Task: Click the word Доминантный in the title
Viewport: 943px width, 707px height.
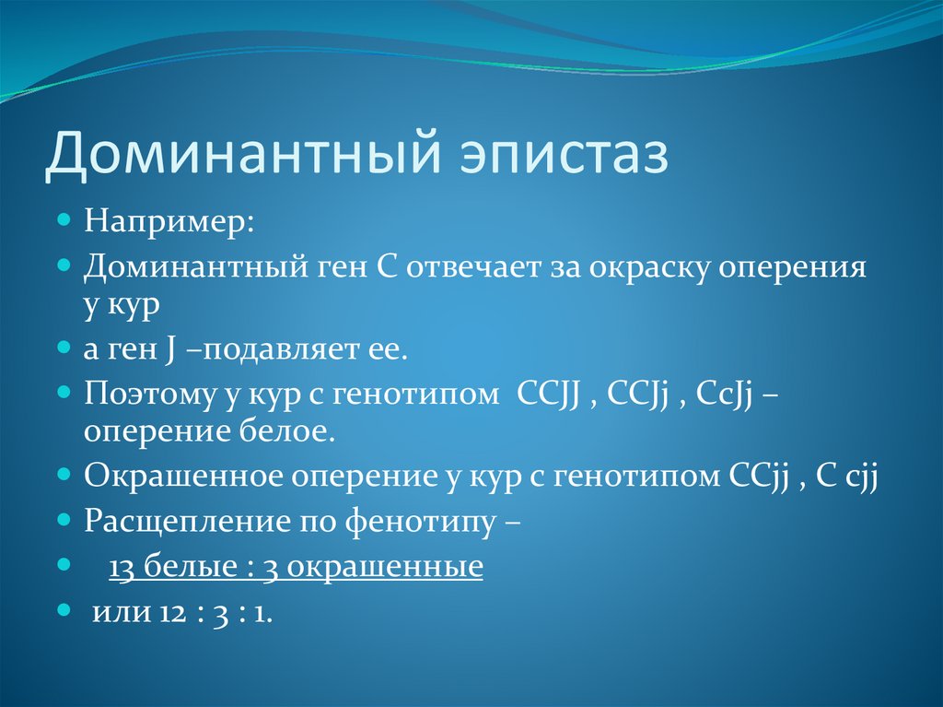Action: [x=243, y=152]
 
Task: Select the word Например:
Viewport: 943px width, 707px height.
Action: [x=169, y=221]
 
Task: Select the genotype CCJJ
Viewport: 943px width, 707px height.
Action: [x=548, y=395]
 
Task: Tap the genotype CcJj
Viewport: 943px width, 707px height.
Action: [x=725, y=395]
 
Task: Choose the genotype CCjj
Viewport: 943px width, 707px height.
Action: [x=760, y=477]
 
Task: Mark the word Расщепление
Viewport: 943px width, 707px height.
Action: [x=188, y=522]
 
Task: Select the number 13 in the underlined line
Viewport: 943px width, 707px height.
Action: [x=122, y=567]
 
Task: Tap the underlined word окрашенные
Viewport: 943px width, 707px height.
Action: [x=384, y=567]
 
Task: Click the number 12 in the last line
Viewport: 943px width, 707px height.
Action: [x=173, y=613]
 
